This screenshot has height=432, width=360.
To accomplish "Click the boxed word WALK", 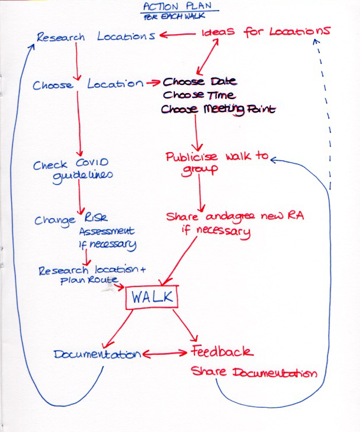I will tap(151, 298).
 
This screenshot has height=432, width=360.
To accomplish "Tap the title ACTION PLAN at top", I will tap(180, 6).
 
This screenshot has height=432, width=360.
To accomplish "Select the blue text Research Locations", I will tap(95, 37).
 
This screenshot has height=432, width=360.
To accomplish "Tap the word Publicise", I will tap(191, 157).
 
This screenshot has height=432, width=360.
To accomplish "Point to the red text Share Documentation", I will tap(253, 373).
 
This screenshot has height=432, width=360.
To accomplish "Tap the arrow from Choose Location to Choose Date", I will tap(153, 83).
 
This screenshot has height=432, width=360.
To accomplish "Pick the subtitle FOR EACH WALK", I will tap(180, 17).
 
